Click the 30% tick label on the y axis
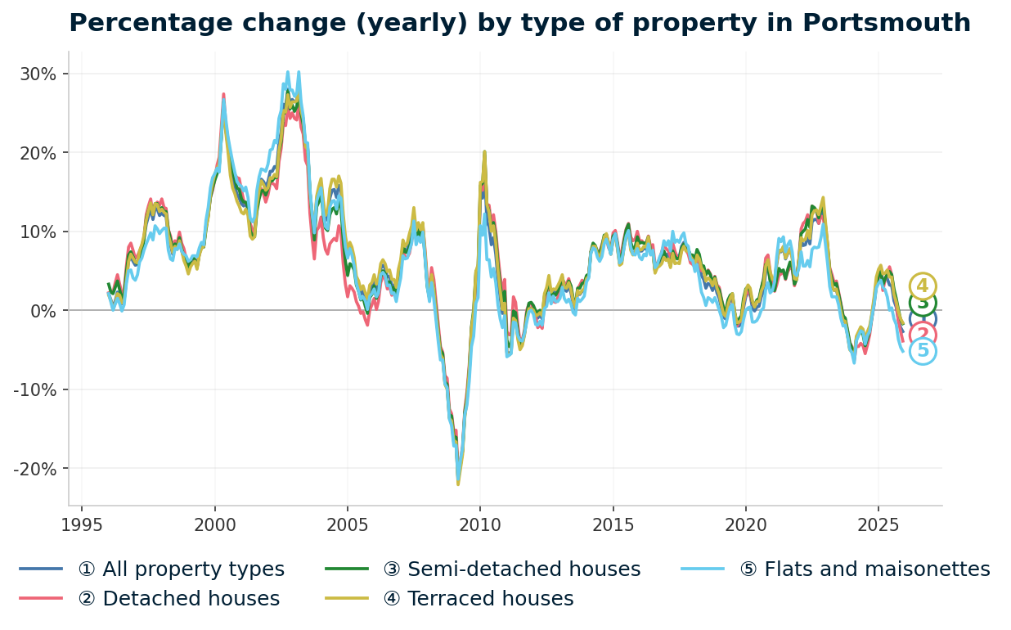(x=38, y=74)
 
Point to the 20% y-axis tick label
(x=38, y=153)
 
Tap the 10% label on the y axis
(x=38, y=232)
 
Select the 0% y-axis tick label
(x=43, y=311)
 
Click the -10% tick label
(x=34, y=389)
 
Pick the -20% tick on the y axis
(x=34, y=469)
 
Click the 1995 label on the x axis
(x=82, y=524)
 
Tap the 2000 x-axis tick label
(x=214, y=524)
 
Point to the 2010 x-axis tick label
(x=480, y=524)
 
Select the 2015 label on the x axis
(x=613, y=524)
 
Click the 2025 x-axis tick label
(x=878, y=524)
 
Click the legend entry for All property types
(x=181, y=569)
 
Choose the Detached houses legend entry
(x=178, y=599)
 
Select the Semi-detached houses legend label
(x=523, y=569)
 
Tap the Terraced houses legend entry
(x=490, y=599)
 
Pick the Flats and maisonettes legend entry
(x=877, y=569)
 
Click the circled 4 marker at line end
(x=923, y=286)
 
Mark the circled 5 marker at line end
(x=923, y=351)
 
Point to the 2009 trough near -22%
(x=458, y=484)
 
